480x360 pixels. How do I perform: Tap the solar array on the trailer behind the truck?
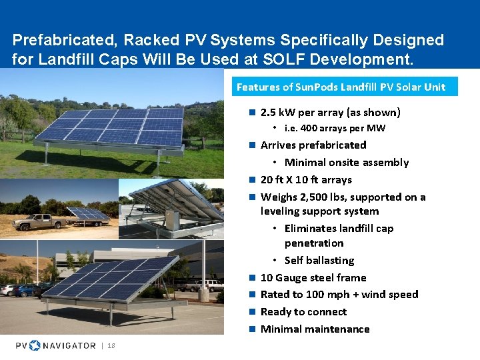[x=88, y=214]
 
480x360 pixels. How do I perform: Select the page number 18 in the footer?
[x=111, y=345]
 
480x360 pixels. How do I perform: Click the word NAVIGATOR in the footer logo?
[x=69, y=345]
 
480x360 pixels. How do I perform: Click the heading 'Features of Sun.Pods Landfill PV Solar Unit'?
[x=341, y=87]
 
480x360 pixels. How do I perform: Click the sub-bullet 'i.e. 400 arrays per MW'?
[x=335, y=128]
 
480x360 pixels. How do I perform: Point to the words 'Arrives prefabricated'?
[x=313, y=145]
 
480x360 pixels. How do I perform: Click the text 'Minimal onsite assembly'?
[x=346, y=162]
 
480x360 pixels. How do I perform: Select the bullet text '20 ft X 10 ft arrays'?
[x=305, y=179]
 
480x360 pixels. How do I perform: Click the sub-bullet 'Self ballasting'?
[x=319, y=260]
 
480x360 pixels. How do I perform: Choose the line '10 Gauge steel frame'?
[x=313, y=277]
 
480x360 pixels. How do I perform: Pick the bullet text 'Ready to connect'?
[x=303, y=311]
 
